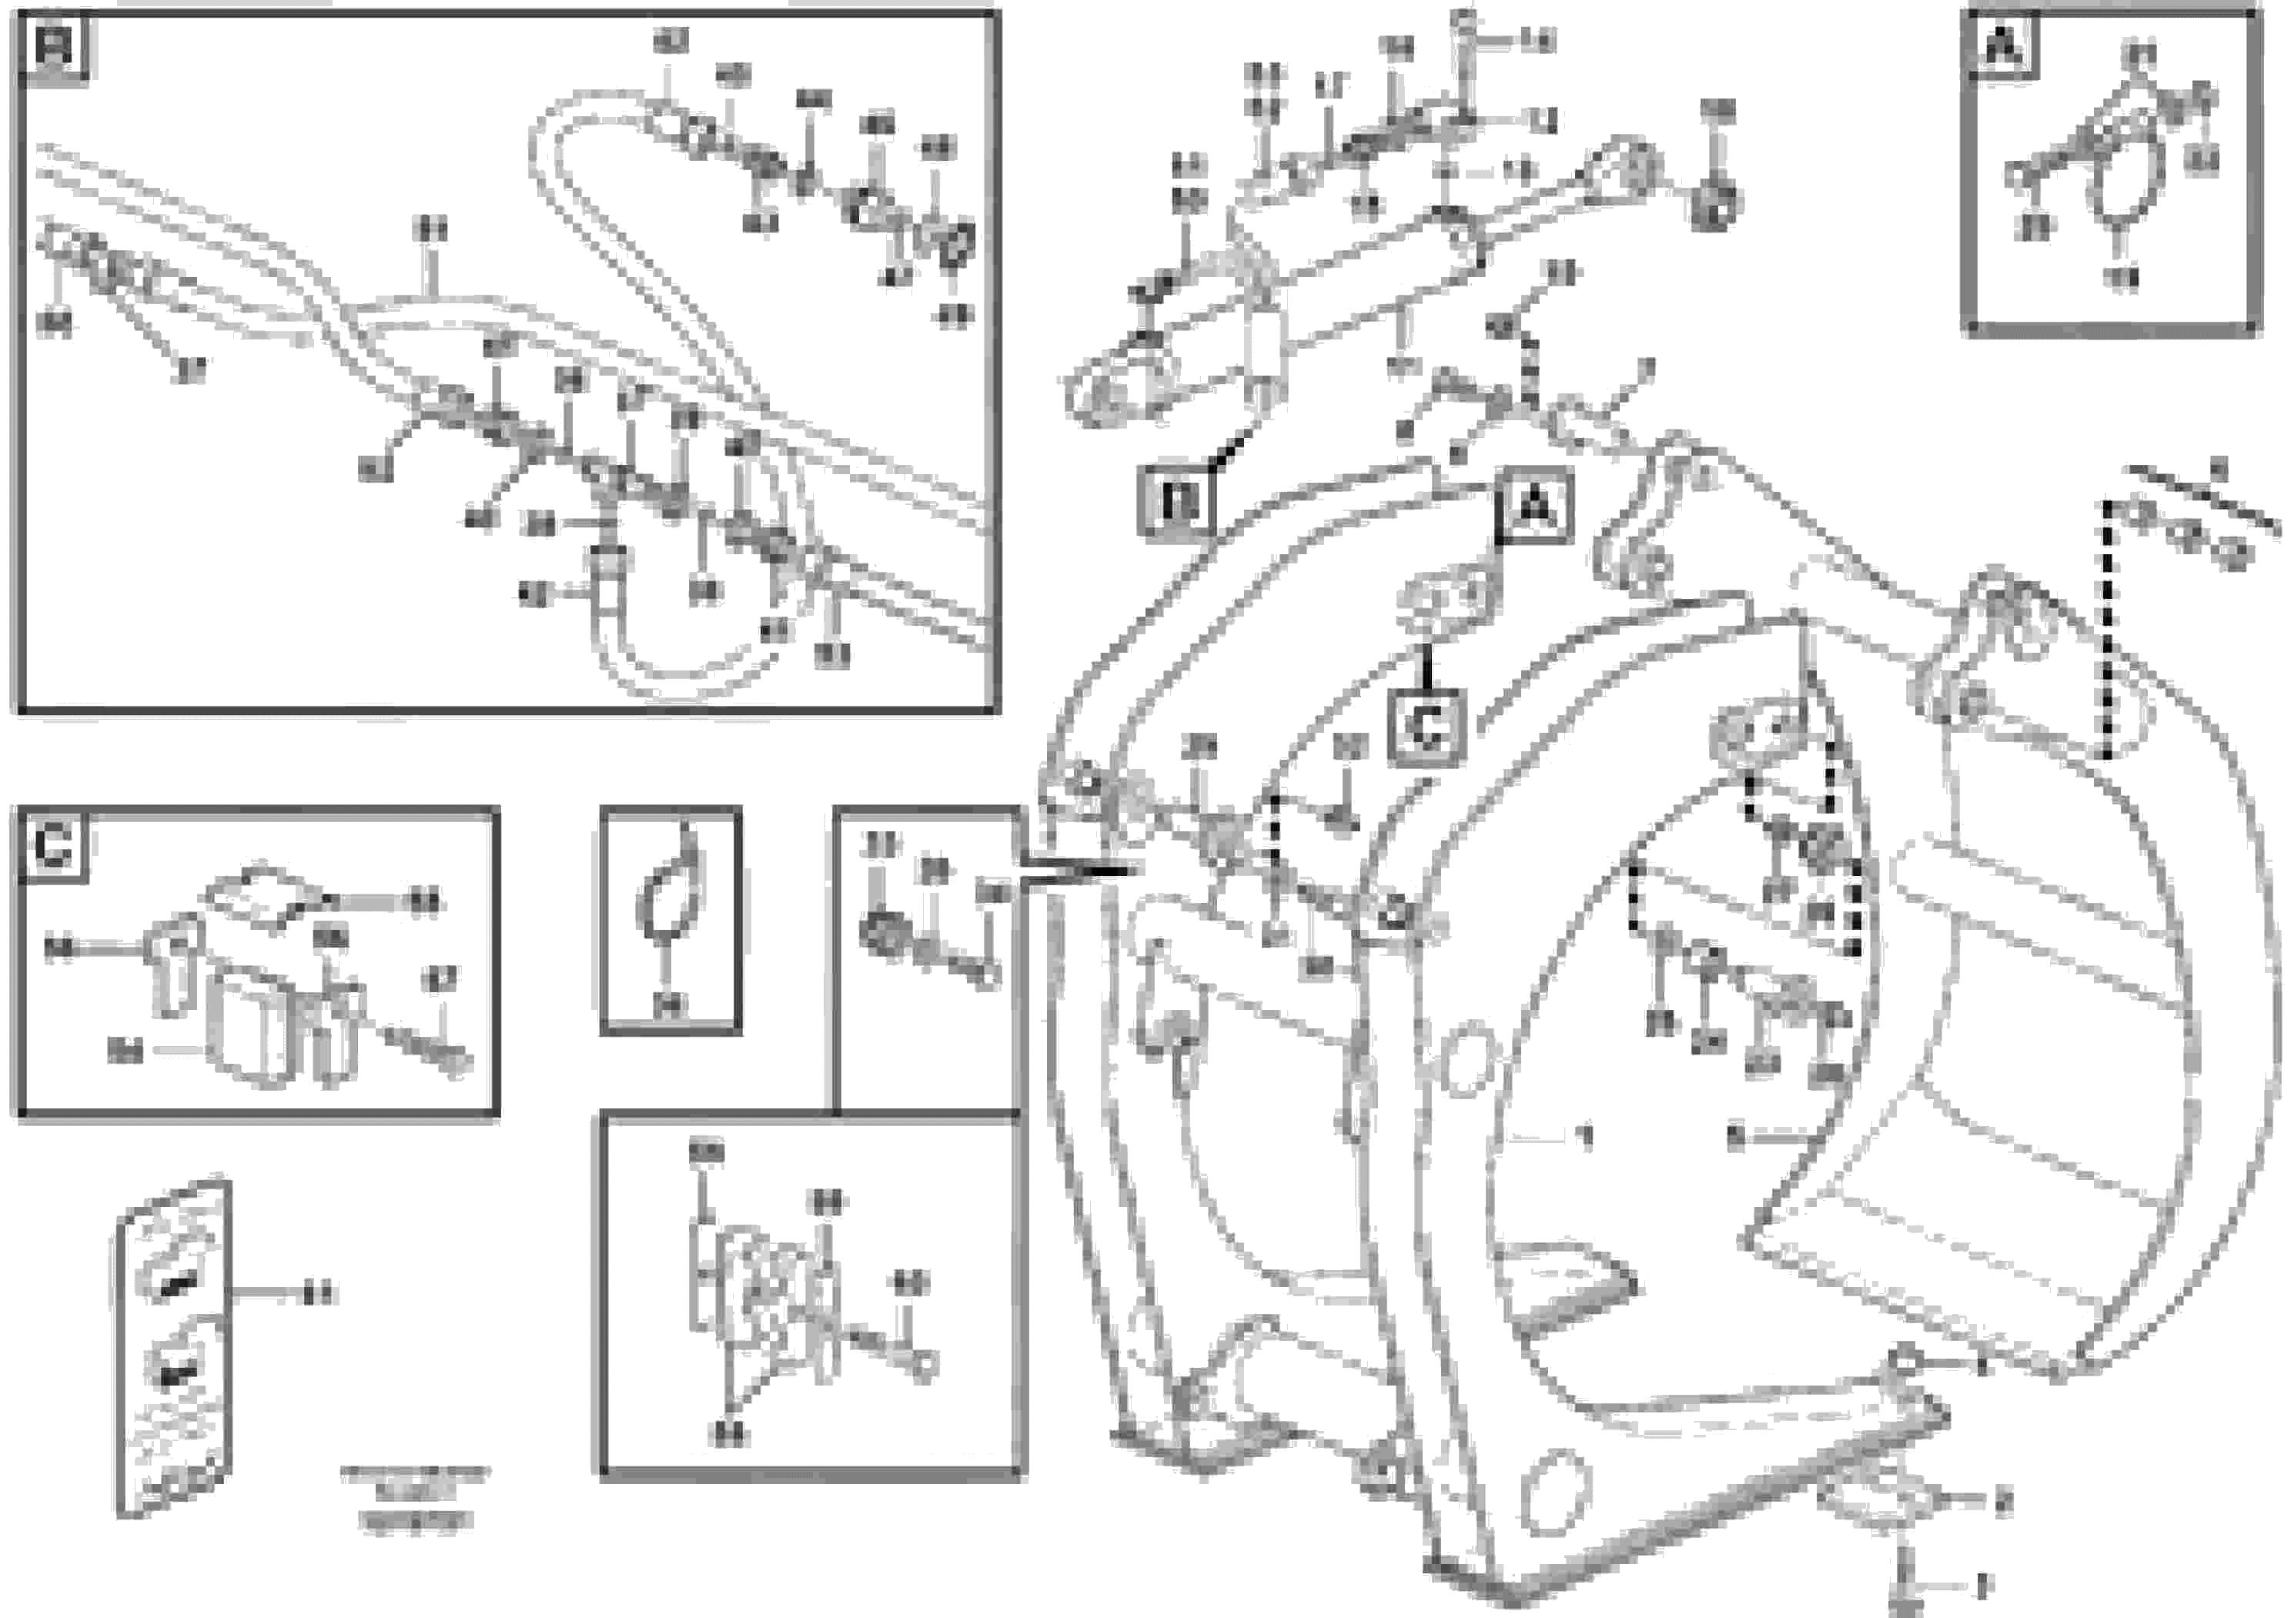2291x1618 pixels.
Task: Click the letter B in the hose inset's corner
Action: tap(54, 47)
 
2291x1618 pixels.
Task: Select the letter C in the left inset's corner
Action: tap(52, 847)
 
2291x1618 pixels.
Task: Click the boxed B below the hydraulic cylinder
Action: tap(1177, 503)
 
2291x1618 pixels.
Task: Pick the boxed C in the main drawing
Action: tap(1428, 728)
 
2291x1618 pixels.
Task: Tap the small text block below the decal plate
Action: tap(414, 1497)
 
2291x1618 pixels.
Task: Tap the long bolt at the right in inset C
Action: tap(429, 1048)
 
